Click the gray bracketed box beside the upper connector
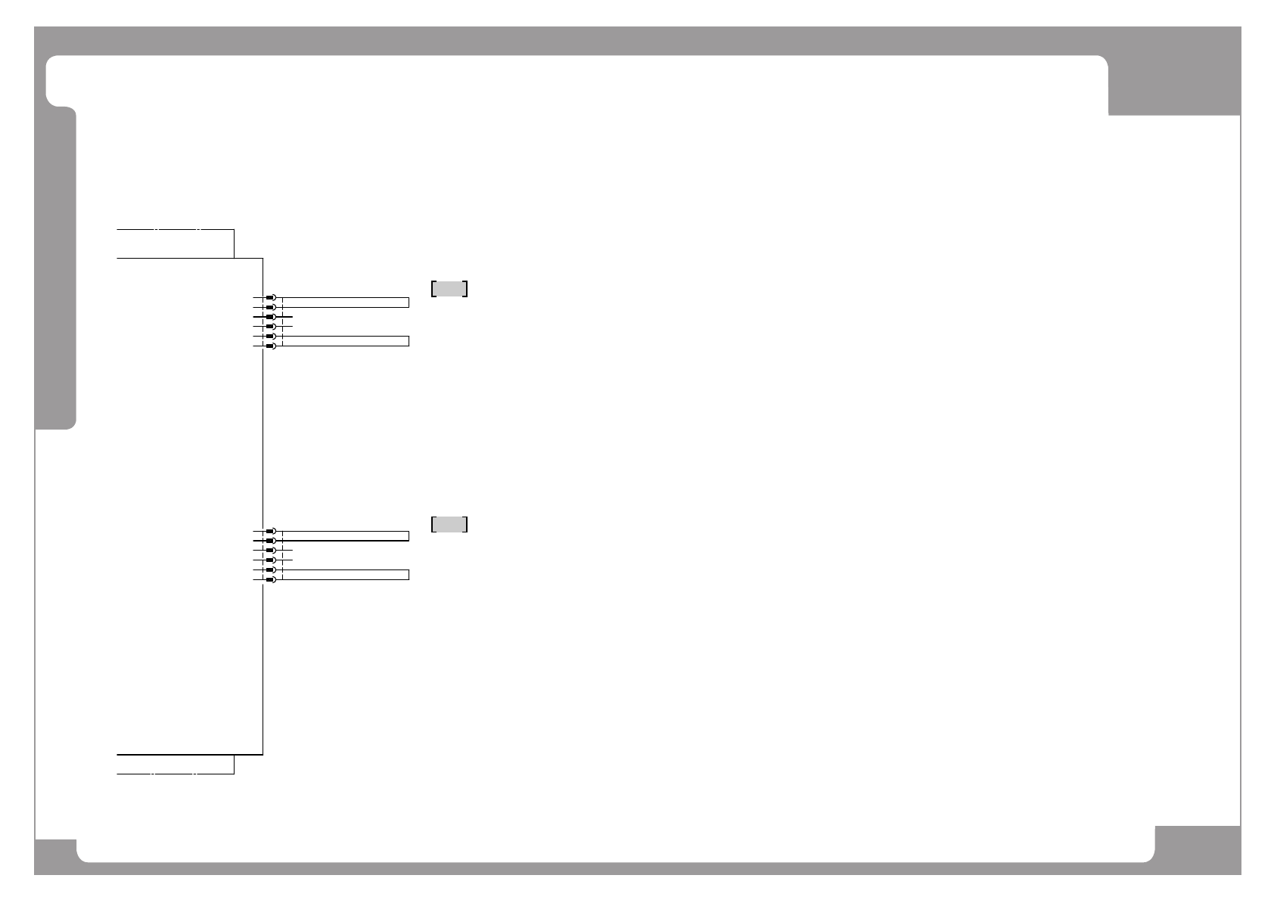point(449,288)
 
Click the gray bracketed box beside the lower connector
point(449,524)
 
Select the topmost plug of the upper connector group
point(270,298)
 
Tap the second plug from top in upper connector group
point(270,308)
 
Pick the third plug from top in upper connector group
point(270,317)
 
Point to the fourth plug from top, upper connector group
point(270,327)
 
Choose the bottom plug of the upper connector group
point(270,346)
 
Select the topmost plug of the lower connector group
point(270,532)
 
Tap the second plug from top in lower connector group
point(270,542)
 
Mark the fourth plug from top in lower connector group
point(270,560)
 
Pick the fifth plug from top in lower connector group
point(270,569)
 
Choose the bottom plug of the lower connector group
point(270,579)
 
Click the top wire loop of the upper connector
point(345,303)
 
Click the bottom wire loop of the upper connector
point(345,340)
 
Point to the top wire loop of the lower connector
point(345,536)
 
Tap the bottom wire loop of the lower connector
point(345,574)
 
